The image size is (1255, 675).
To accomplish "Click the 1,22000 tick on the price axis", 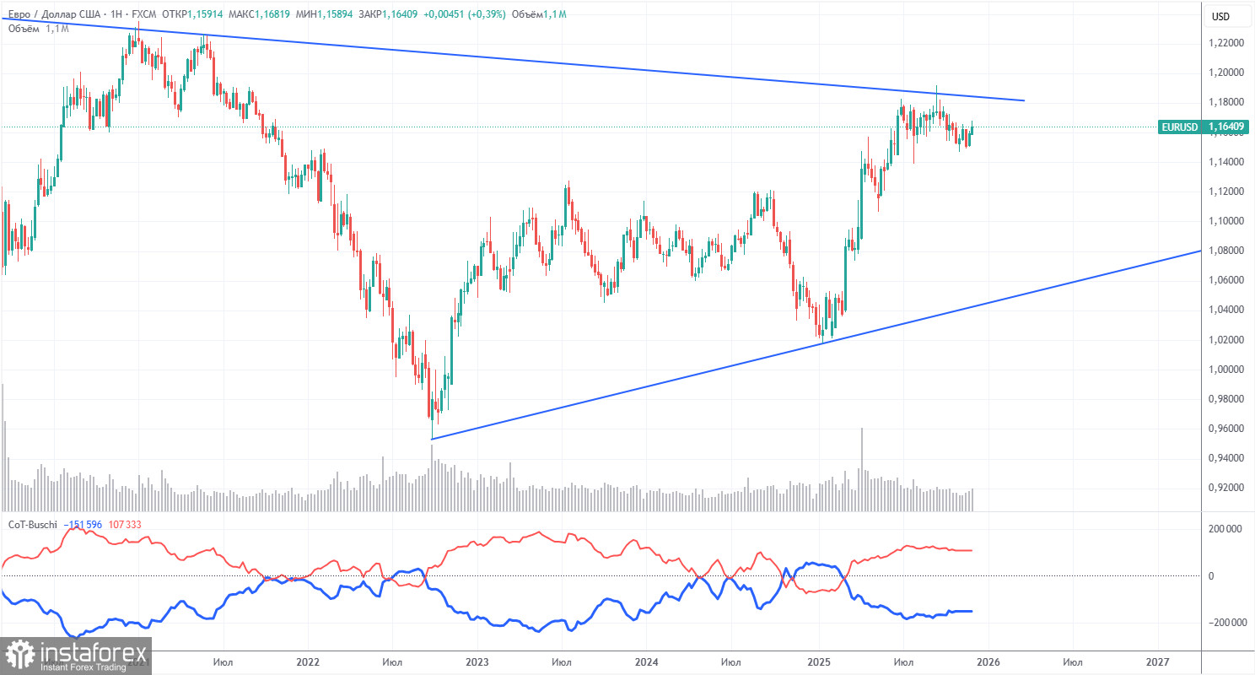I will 1226,42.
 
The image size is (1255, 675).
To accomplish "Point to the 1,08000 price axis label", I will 1226,250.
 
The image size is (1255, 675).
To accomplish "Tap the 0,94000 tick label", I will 1226,458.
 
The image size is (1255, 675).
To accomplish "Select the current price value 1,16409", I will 1227,127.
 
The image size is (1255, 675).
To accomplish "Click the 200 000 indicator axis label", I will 1227,528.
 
